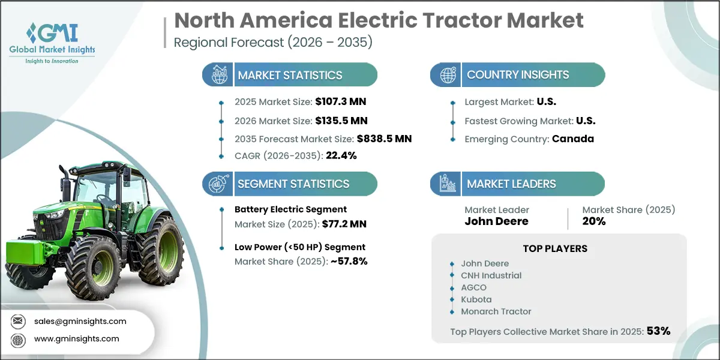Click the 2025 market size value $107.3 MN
click(341, 102)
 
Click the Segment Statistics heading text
click(293, 184)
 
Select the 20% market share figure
click(594, 221)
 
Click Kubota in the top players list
click(476, 299)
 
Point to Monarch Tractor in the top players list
click(496, 311)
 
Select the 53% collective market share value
click(658, 331)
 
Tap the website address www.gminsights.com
click(77, 338)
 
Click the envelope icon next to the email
click(18, 321)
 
